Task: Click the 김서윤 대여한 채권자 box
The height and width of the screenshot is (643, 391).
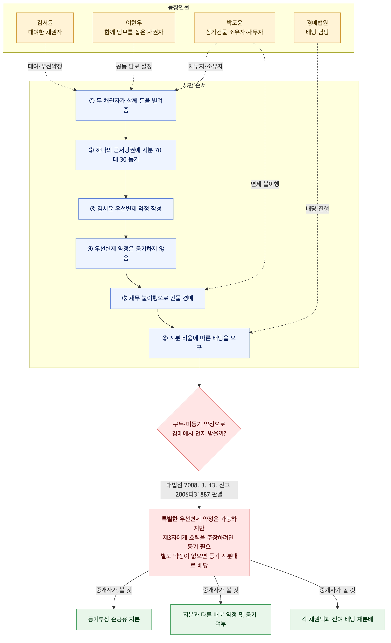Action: pyautogui.click(x=45, y=28)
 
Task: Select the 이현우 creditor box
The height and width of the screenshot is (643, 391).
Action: pyautogui.click(x=134, y=28)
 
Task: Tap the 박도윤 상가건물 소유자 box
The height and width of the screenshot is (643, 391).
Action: pyautogui.click(x=234, y=28)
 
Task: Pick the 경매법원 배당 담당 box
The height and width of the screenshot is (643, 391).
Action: pyautogui.click(x=317, y=28)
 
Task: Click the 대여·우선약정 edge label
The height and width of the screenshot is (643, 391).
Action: pyautogui.click(x=45, y=66)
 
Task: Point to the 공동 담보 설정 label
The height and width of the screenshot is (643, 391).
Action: pyautogui.click(x=134, y=66)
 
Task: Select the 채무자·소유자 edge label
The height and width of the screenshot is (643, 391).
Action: pyautogui.click(x=206, y=66)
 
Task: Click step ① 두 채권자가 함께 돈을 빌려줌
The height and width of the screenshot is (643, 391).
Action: pyautogui.click(x=126, y=105)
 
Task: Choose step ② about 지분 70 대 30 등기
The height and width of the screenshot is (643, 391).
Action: pyautogui.click(x=126, y=155)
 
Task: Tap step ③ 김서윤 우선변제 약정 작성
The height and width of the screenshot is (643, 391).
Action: pyautogui.click(x=126, y=209)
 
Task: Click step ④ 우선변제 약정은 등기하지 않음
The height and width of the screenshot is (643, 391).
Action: pyautogui.click(x=126, y=253)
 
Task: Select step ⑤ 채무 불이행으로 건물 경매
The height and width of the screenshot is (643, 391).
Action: pyautogui.click(x=158, y=298)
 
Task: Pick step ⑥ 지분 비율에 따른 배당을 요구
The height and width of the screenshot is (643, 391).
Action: pyautogui.click(x=199, y=343)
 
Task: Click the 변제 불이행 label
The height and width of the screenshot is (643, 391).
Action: pyautogui.click(x=265, y=184)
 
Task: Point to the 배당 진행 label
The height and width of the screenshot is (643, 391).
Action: pyautogui.click(x=317, y=209)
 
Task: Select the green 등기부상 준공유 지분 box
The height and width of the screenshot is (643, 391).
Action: pyautogui.click(x=114, y=619)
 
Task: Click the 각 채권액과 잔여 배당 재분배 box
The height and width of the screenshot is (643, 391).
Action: pyautogui.click(x=337, y=619)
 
